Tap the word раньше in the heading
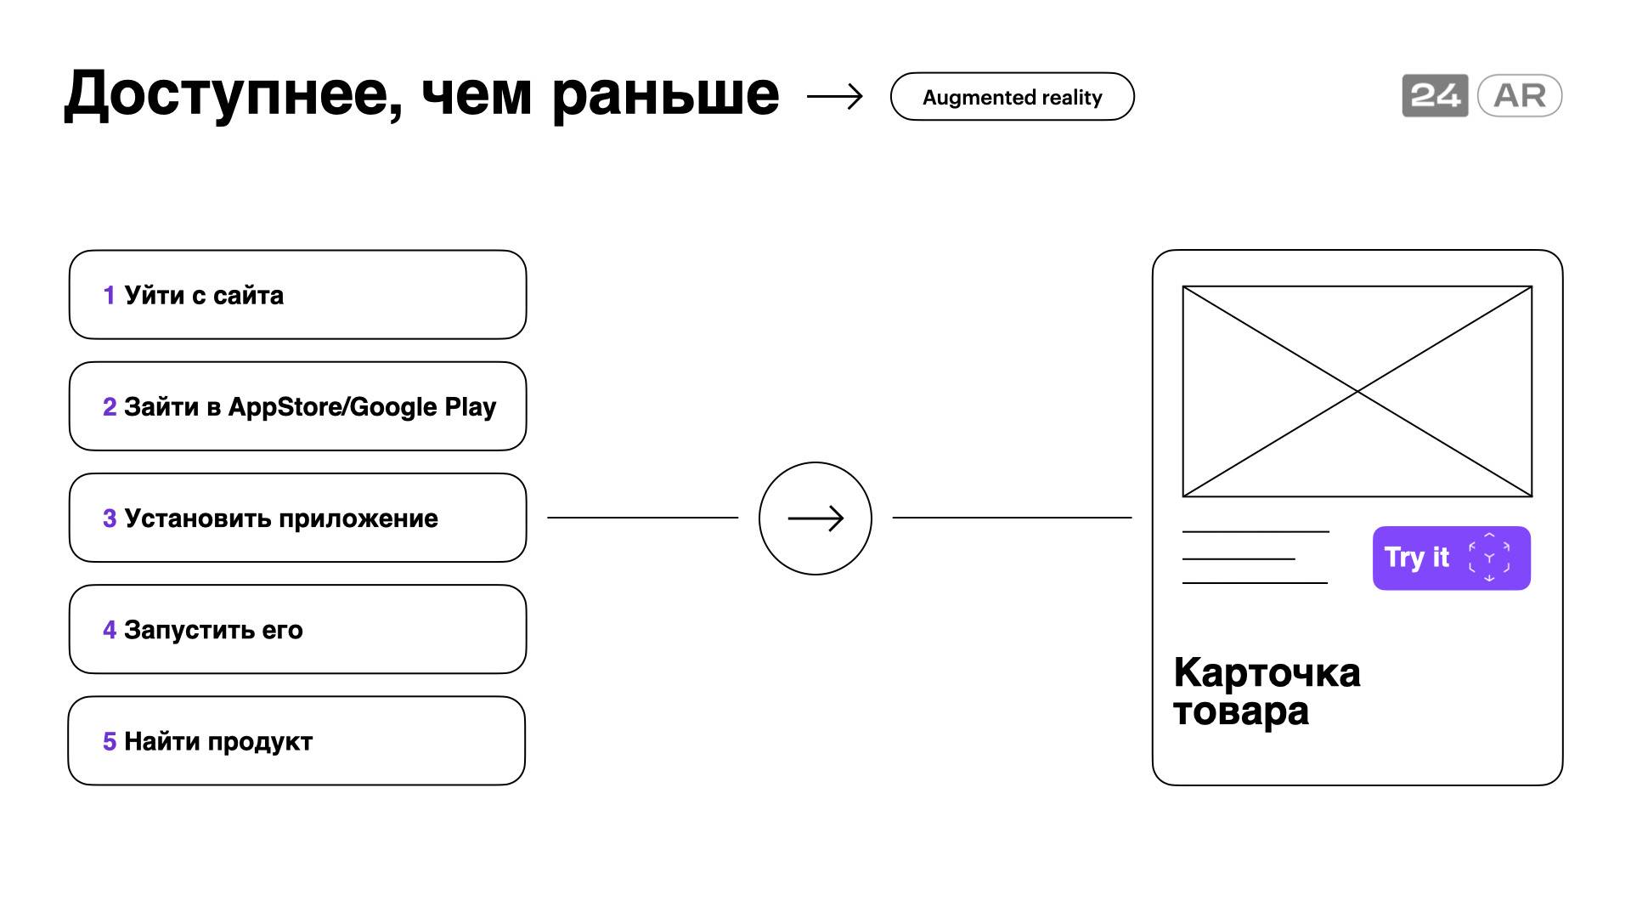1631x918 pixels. click(665, 94)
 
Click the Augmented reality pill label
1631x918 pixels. click(1012, 97)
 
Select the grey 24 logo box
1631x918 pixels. click(1435, 95)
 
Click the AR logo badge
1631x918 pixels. click(1520, 95)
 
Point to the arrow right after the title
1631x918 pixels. click(834, 97)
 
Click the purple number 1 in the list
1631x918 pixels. click(109, 295)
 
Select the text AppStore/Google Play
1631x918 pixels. click(362, 407)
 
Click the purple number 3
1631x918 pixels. click(110, 518)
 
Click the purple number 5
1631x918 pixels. click(110, 741)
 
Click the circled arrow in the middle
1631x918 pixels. click(815, 518)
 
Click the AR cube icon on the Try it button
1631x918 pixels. click(1489, 558)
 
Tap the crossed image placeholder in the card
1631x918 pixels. click(1357, 391)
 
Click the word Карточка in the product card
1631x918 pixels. click(1267, 672)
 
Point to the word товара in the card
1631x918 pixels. click(1241, 711)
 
